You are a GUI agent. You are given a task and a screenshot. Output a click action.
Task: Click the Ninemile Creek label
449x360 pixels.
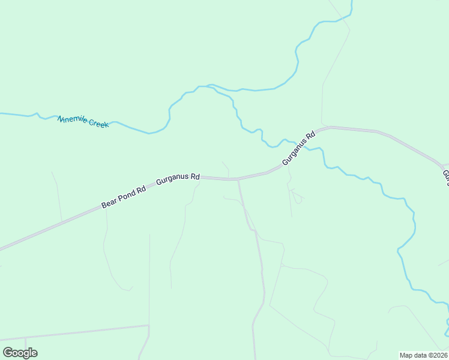[83, 121]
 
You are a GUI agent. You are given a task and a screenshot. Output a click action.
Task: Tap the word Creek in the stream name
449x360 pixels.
[98, 123]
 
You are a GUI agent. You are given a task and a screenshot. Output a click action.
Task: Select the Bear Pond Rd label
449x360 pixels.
[124, 197]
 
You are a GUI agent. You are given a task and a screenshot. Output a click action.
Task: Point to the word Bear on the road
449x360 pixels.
[109, 202]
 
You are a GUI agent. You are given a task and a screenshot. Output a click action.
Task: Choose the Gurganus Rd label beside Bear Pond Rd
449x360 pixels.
[178, 178]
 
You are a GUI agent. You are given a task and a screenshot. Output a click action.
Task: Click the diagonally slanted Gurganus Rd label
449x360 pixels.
[298, 149]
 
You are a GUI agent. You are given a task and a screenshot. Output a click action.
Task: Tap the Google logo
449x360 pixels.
[20, 353]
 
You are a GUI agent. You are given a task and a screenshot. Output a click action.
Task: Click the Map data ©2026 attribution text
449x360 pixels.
[424, 355]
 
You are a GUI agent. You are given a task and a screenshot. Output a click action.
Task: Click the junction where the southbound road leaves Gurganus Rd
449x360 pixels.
[238, 179]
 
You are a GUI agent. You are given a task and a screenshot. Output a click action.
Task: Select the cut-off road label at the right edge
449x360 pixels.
[445, 177]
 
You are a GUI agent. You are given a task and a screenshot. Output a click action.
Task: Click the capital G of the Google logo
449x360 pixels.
[8, 352]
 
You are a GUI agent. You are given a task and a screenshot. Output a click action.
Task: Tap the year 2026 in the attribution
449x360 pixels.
[439, 355]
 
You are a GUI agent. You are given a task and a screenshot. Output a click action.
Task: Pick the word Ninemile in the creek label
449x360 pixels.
[72, 119]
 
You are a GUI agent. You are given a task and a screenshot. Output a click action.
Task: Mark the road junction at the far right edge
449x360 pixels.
[442, 164]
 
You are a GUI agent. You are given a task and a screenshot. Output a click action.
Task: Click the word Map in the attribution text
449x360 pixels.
[406, 355]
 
